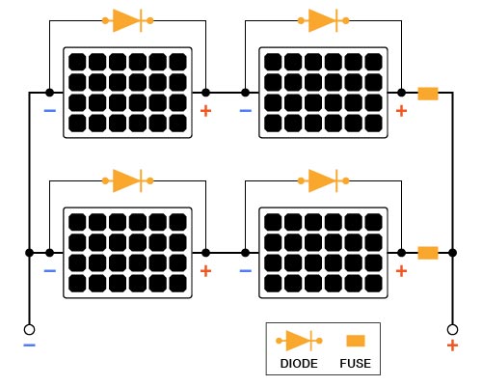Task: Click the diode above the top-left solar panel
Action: pyautogui.click(x=128, y=19)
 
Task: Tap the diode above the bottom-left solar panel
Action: pyautogui.click(x=128, y=179)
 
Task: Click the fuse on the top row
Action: pyautogui.click(x=428, y=94)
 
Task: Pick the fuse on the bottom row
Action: pyautogui.click(x=428, y=253)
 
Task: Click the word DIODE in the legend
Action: pyautogui.click(x=299, y=365)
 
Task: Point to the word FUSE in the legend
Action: pyautogui.click(x=356, y=365)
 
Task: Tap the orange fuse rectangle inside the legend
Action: pyautogui.click(x=356, y=341)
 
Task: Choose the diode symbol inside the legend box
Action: pyautogui.click(x=299, y=341)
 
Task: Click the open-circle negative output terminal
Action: pyautogui.click(x=30, y=328)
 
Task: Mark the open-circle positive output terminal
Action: pyautogui.click(x=451, y=328)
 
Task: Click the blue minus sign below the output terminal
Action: pyautogui.click(x=29, y=345)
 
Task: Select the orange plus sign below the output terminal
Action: pyautogui.click(x=451, y=345)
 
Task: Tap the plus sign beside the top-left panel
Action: pyautogui.click(x=205, y=112)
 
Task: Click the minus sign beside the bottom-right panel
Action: pyautogui.click(x=245, y=271)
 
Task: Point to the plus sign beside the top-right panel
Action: pyautogui.click(x=401, y=112)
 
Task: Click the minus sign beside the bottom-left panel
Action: pyautogui.click(x=49, y=271)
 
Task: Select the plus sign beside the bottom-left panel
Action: pyautogui.click(x=205, y=271)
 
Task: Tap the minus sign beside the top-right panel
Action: pyautogui.click(x=245, y=112)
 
